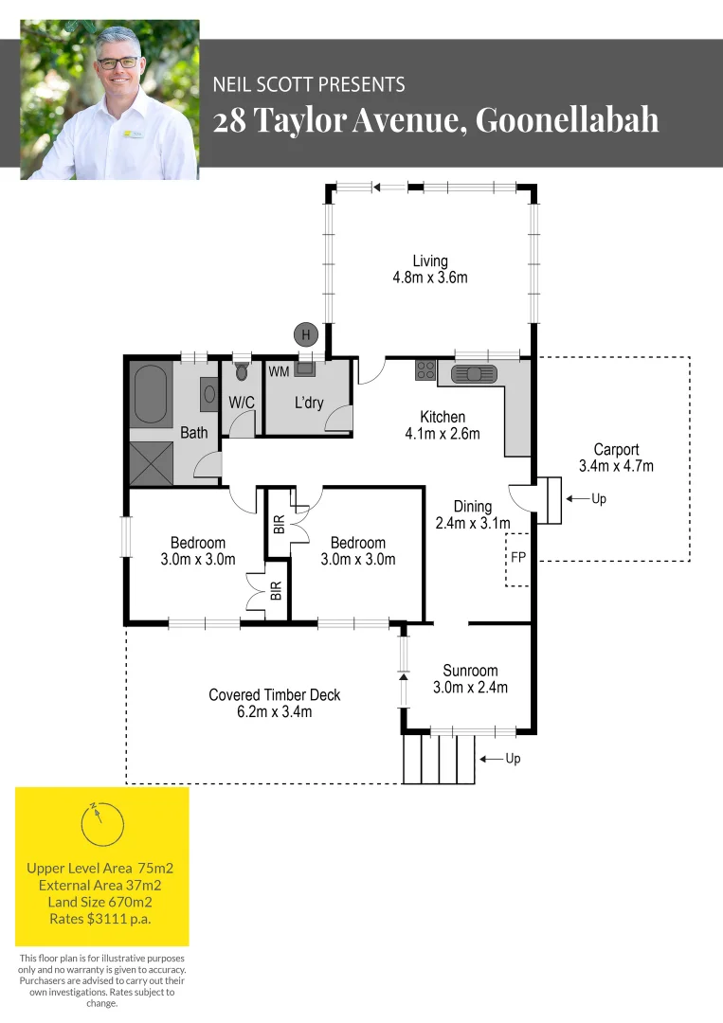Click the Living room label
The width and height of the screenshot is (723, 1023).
pyautogui.click(x=430, y=261)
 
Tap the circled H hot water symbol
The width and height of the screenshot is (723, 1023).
pyautogui.click(x=305, y=333)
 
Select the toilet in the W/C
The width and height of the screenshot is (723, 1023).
pyautogui.click(x=241, y=372)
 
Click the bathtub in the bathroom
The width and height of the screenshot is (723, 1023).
pyautogui.click(x=152, y=395)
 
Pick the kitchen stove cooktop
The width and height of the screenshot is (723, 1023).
pyautogui.click(x=425, y=371)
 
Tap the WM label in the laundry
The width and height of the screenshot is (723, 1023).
pyautogui.click(x=280, y=371)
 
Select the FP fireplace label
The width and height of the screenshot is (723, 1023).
pyautogui.click(x=517, y=558)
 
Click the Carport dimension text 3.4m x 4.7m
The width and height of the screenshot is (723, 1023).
pyautogui.click(x=616, y=466)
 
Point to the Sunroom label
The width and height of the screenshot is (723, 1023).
pyautogui.click(x=470, y=671)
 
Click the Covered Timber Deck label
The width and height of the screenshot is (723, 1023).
pyautogui.click(x=274, y=694)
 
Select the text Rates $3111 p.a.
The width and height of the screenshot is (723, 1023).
pyautogui.click(x=100, y=919)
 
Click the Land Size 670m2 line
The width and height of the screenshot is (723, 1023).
pyautogui.click(x=100, y=902)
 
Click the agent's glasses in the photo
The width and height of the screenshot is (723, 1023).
pyautogui.click(x=118, y=62)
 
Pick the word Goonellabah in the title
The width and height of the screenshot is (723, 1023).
pyautogui.click(x=567, y=120)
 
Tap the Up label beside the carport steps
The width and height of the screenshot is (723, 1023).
pyautogui.click(x=598, y=498)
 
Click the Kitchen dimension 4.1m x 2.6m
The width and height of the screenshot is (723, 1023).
pyautogui.click(x=443, y=434)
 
